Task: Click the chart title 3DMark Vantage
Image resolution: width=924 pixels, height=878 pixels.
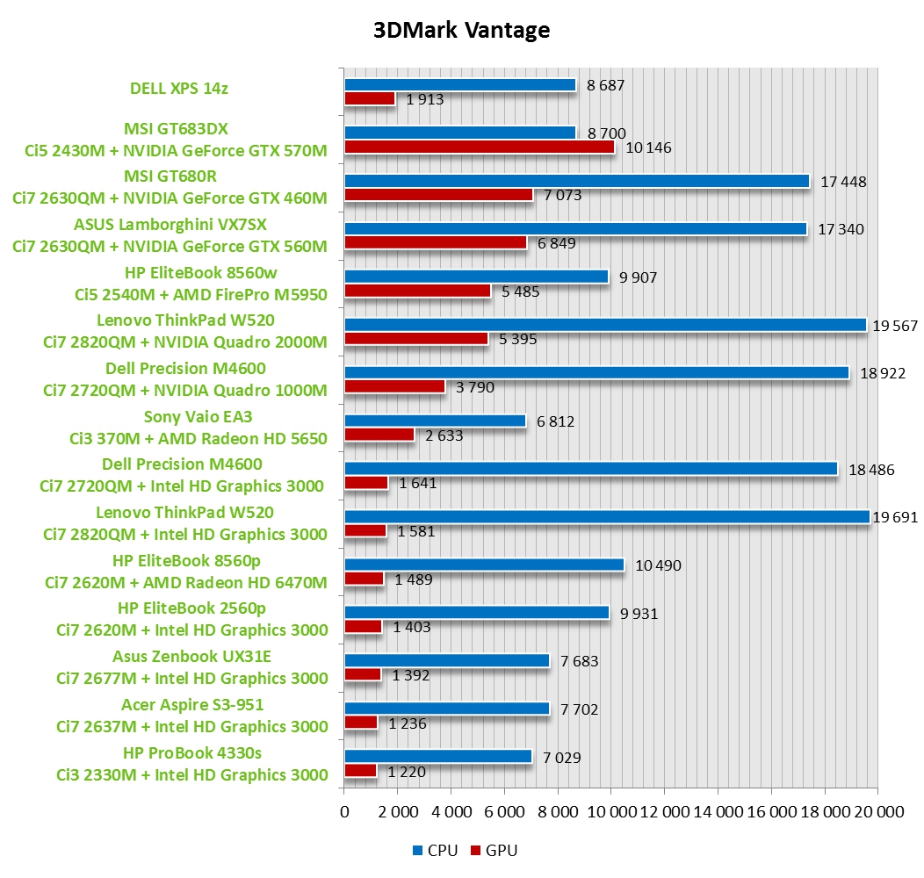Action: pyautogui.click(x=462, y=31)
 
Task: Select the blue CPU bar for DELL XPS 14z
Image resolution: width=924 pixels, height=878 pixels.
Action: pyautogui.click(x=459, y=85)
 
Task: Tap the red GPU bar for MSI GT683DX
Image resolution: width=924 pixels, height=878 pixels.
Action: pyautogui.click(x=480, y=148)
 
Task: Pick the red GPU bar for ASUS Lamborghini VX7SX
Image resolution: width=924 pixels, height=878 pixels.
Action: pyautogui.click(x=436, y=243)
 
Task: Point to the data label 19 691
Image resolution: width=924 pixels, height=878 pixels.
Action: pyautogui.click(x=895, y=517)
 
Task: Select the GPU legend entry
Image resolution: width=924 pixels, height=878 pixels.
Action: pyautogui.click(x=495, y=850)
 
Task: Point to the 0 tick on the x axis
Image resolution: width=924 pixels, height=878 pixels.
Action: pyautogui.click(x=344, y=813)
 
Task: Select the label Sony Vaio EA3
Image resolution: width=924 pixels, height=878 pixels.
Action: pyautogui.click(x=191, y=417)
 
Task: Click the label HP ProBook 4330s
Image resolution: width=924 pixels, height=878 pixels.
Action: pyautogui.click(x=191, y=752)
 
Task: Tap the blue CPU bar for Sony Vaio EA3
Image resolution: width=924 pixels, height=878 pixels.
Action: pyautogui.click(x=435, y=421)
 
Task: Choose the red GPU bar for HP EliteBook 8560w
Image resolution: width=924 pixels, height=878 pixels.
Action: pyautogui.click(x=417, y=291)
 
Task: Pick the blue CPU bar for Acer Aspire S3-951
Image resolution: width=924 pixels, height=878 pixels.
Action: pyautogui.click(x=446, y=709)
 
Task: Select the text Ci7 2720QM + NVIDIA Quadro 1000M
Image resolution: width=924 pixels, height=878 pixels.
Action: pyautogui.click(x=185, y=390)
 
